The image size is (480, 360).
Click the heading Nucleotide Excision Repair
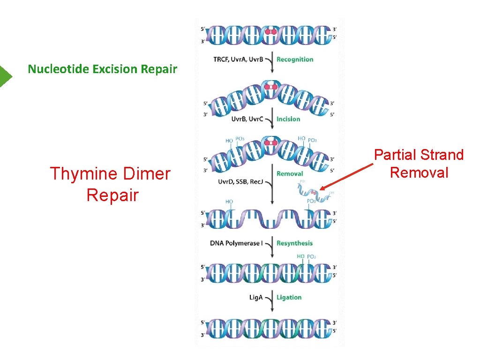pos(102,69)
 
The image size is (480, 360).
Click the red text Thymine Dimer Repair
pos(110,184)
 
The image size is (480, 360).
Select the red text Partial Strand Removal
pos(419,164)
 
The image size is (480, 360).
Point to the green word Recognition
pos(295,60)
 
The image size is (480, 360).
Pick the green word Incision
pos(288,119)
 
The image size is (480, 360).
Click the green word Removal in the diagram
pos(290,173)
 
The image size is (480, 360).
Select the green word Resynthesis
pos(294,243)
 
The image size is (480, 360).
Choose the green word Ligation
pos(289,297)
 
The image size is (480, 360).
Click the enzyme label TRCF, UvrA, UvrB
pos(238,60)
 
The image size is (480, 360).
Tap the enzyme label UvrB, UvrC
pos(247,119)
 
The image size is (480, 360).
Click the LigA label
pos(256,297)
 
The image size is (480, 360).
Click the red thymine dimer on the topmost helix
pos(270,32)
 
